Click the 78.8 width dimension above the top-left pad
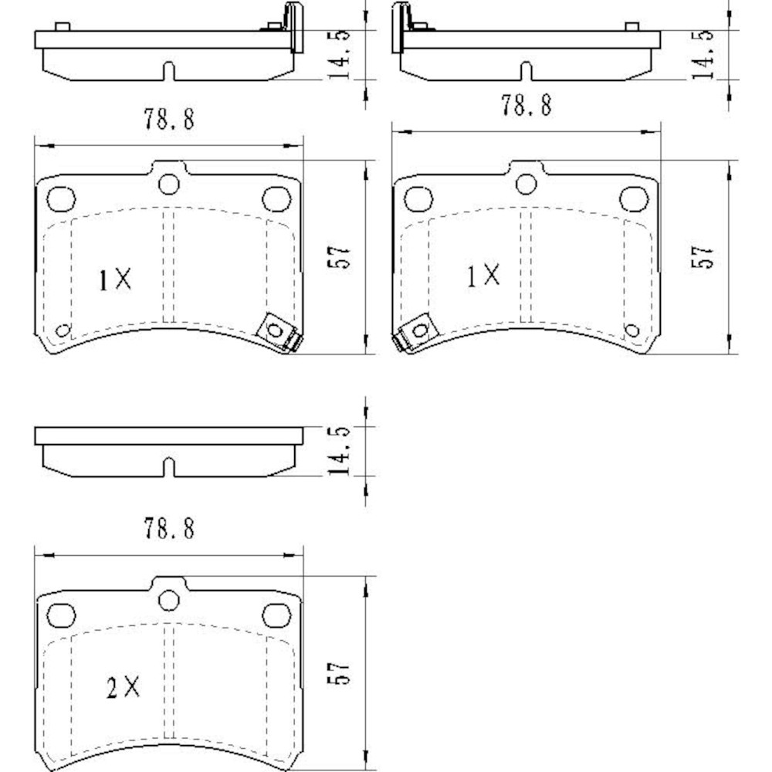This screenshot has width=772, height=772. pyautogui.click(x=169, y=119)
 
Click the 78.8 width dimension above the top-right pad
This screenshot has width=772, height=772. pyautogui.click(x=527, y=105)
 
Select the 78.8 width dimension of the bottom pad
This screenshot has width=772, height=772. pyautogui.click(x=169, y=528)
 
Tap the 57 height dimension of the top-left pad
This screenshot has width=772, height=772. pyautogui.click(x=339, y=257)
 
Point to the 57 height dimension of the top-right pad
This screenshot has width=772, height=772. pyautogui.click(x=702, y=257)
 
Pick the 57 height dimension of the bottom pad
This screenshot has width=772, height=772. pyautogui.click(x=339, y=672)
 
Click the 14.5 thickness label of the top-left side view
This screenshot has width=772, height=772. pyautogui.click(x=339, y=54)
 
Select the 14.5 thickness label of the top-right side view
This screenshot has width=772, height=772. pyautogui.click(x=702, y=54)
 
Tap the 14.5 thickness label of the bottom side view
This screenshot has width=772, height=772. pyautogui.click(x=339, y=451)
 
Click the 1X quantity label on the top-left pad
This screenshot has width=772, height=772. pyautogui.click(x=115, y=279)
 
